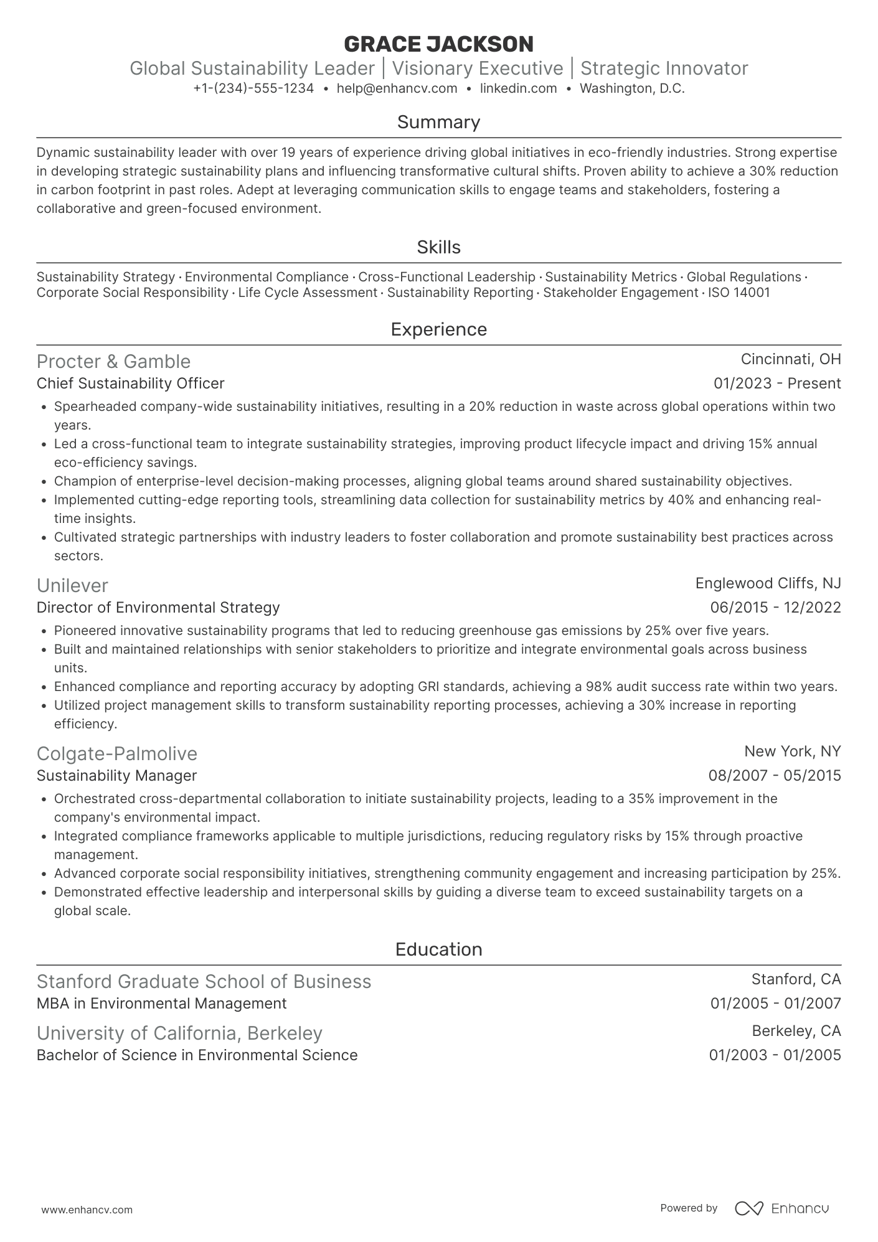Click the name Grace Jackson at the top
point(438,44)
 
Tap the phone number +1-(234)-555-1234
point(253,88)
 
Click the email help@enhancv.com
point(397,88)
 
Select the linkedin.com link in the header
point(518,88)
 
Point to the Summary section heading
point(438,122)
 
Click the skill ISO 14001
point(739,293)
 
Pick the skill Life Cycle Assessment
point(308,293)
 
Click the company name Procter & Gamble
point(113,362)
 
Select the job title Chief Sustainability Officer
point(130,383)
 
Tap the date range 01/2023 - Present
point(777,383)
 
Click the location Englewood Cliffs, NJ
point(768,583)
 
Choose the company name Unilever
point(72,586)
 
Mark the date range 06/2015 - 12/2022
point(775,608)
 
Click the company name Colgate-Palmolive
point(117,754)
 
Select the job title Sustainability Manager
point(116,776)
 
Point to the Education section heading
point(438,949)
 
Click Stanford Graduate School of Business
point(204,982)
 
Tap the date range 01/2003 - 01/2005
point(775,1055)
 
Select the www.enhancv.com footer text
point(87,1210)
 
